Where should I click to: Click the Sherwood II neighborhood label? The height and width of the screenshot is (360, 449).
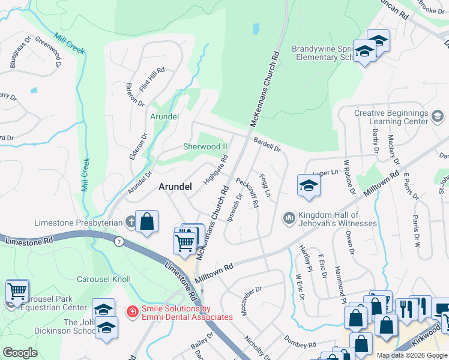click(x=205, y=146)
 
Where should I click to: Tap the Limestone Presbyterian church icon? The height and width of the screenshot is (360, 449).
click(x=131, y=222)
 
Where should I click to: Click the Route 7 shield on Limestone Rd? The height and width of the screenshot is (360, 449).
click(x=119, y=241)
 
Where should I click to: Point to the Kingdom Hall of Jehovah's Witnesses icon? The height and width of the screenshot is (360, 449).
click(x=289, y=216)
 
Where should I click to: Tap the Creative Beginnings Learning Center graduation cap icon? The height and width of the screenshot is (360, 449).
click(x=437, y=116)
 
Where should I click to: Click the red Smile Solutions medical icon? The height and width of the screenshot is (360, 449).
click(x=131, y=312)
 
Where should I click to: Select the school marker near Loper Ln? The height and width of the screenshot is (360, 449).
click(x=309, y=185)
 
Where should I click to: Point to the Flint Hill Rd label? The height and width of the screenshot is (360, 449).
click(x=151, y=79)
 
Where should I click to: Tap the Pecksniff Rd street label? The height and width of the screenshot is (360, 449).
click(x=247, y=192)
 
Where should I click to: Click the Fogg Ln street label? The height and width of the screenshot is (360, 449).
click(x=265, y=185)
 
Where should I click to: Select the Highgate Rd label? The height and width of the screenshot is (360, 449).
click(x=217, y=171)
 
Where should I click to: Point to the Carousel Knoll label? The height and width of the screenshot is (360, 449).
click(x=104, y=280)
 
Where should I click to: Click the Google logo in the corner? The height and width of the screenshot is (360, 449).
click(x=20, y=352)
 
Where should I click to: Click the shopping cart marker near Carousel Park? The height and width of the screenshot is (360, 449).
click(x=17, y=292)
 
